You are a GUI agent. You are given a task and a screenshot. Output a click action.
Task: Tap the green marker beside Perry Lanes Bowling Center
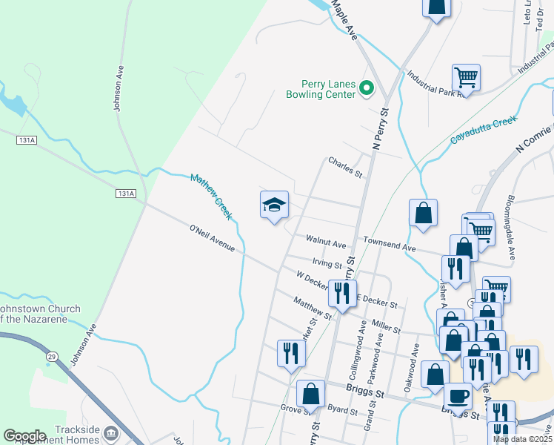click(366, 89)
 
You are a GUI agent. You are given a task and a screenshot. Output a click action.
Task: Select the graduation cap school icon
click(274, 205)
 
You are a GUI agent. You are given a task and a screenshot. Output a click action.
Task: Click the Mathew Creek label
click(211, 197)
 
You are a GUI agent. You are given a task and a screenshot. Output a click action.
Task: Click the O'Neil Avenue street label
click(212, 239)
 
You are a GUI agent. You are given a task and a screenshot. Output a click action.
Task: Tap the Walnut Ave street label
click(326, 244)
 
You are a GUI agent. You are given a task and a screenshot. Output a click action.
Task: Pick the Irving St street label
click(327, 263)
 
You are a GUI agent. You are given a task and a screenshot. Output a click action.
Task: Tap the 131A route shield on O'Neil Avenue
click(126, 194)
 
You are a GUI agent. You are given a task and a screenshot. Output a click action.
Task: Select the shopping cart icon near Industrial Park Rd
click(466, 76)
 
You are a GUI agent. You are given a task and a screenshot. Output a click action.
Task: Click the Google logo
click(24, 436)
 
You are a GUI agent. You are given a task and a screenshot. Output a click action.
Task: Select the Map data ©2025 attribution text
click(523, 439)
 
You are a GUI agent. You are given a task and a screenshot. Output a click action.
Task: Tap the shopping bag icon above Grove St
click(310, 394)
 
